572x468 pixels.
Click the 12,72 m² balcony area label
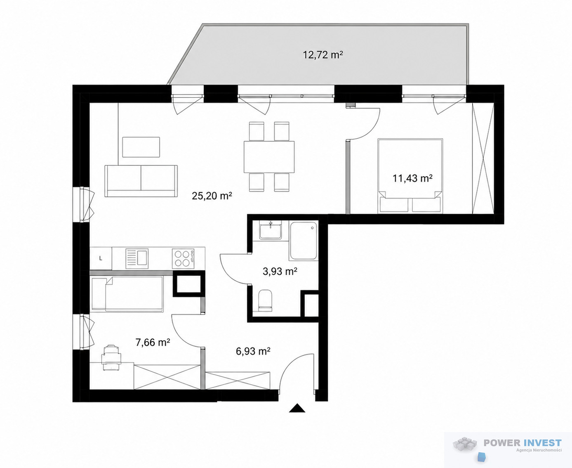(x=323, y=55)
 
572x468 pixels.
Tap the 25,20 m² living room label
(x=212, y=196)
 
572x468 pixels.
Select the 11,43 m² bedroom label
(x=412, y=178)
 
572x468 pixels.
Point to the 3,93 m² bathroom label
(x=280, y=271)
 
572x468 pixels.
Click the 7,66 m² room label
(x=153, y=343)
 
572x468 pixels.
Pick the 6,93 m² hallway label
(x=253, y=351)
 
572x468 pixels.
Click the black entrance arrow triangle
(x=297, y=408)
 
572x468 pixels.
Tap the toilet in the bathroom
(x=265, y=300)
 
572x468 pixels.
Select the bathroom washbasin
(x=270, y=230)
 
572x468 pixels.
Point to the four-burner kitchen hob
(x=183, y=258)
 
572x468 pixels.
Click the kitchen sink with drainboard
(x=137, y=258)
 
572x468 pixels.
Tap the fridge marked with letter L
(x=101, y=258)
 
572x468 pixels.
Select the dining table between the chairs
(x=269, y=157)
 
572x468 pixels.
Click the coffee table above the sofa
(x=141, y=147)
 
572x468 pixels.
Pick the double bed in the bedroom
(x=410, y=175)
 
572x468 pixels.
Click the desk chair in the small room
(x=111, y=357)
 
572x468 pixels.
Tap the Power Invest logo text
(x=523, y=443)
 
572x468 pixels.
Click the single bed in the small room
(x=127, y=294)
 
